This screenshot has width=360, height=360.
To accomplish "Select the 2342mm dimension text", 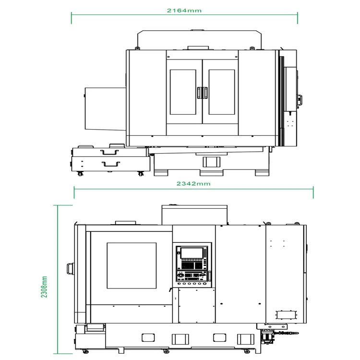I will pyautogui.click(x=193, y=183).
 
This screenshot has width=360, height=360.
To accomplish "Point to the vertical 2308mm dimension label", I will pyautogui.click(x=44, y=287).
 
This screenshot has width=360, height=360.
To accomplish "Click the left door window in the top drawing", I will pyautogui.click(x=183, y=92).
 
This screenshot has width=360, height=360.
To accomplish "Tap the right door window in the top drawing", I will pyautogui.click(x=221, y=92).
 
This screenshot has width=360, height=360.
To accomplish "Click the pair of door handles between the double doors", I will pyautogui.click(x=202, y=92).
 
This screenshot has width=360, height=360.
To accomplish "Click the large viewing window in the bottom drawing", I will pyautogui.click(x=131, y=265).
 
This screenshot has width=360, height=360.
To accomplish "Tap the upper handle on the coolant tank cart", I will pyautogui.click(x=109, y=152).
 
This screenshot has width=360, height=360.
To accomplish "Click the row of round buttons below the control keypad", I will pyautogui.click(x=192, y=284).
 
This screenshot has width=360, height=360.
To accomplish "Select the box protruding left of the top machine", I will pyautogui.click(x=105, y=108).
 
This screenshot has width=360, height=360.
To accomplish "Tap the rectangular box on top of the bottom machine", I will pyautogui.click(x=194, y=214).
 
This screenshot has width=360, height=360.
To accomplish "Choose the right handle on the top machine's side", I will pyautogui.click(x=300, y=100).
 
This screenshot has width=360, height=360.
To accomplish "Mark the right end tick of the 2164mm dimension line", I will pyautogui.click(x=298, y=18).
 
